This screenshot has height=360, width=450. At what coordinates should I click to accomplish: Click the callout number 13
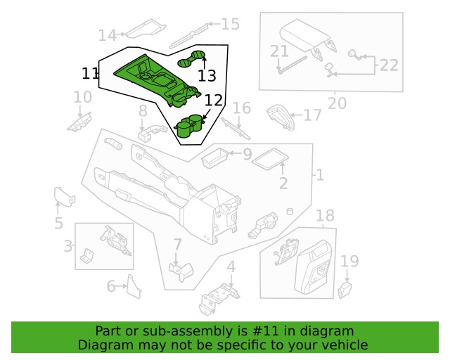coord(207,76)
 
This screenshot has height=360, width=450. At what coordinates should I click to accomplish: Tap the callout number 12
coord(214,101)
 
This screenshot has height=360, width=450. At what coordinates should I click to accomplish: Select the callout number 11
coord(90,74)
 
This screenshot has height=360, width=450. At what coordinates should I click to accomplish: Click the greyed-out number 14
coord(108,36)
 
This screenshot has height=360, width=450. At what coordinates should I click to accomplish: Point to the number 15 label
coord(231,24)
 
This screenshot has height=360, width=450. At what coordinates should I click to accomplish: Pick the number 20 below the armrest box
coord(337,103)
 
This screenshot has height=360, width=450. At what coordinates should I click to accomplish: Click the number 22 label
coord(389,65)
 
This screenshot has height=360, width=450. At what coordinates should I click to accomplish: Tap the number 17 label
coord(312,115)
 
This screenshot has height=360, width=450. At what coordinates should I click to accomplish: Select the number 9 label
coord(247,155)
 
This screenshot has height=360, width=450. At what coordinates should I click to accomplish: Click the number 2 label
coord(283,184)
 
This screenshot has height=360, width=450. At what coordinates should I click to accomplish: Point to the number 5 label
coord(58,223)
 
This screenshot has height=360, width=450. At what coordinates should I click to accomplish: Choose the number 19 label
coord(349,262)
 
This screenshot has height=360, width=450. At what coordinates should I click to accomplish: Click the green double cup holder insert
coord(188,126)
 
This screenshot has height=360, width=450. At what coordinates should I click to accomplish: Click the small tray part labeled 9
coord(214,158)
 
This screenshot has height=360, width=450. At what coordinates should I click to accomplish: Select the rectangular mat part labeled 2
coord(270,159)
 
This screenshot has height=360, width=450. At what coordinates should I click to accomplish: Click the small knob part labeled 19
coord(345,290)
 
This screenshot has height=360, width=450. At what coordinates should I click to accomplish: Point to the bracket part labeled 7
coord(181,271)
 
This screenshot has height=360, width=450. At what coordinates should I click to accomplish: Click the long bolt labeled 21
coord(292,65)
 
